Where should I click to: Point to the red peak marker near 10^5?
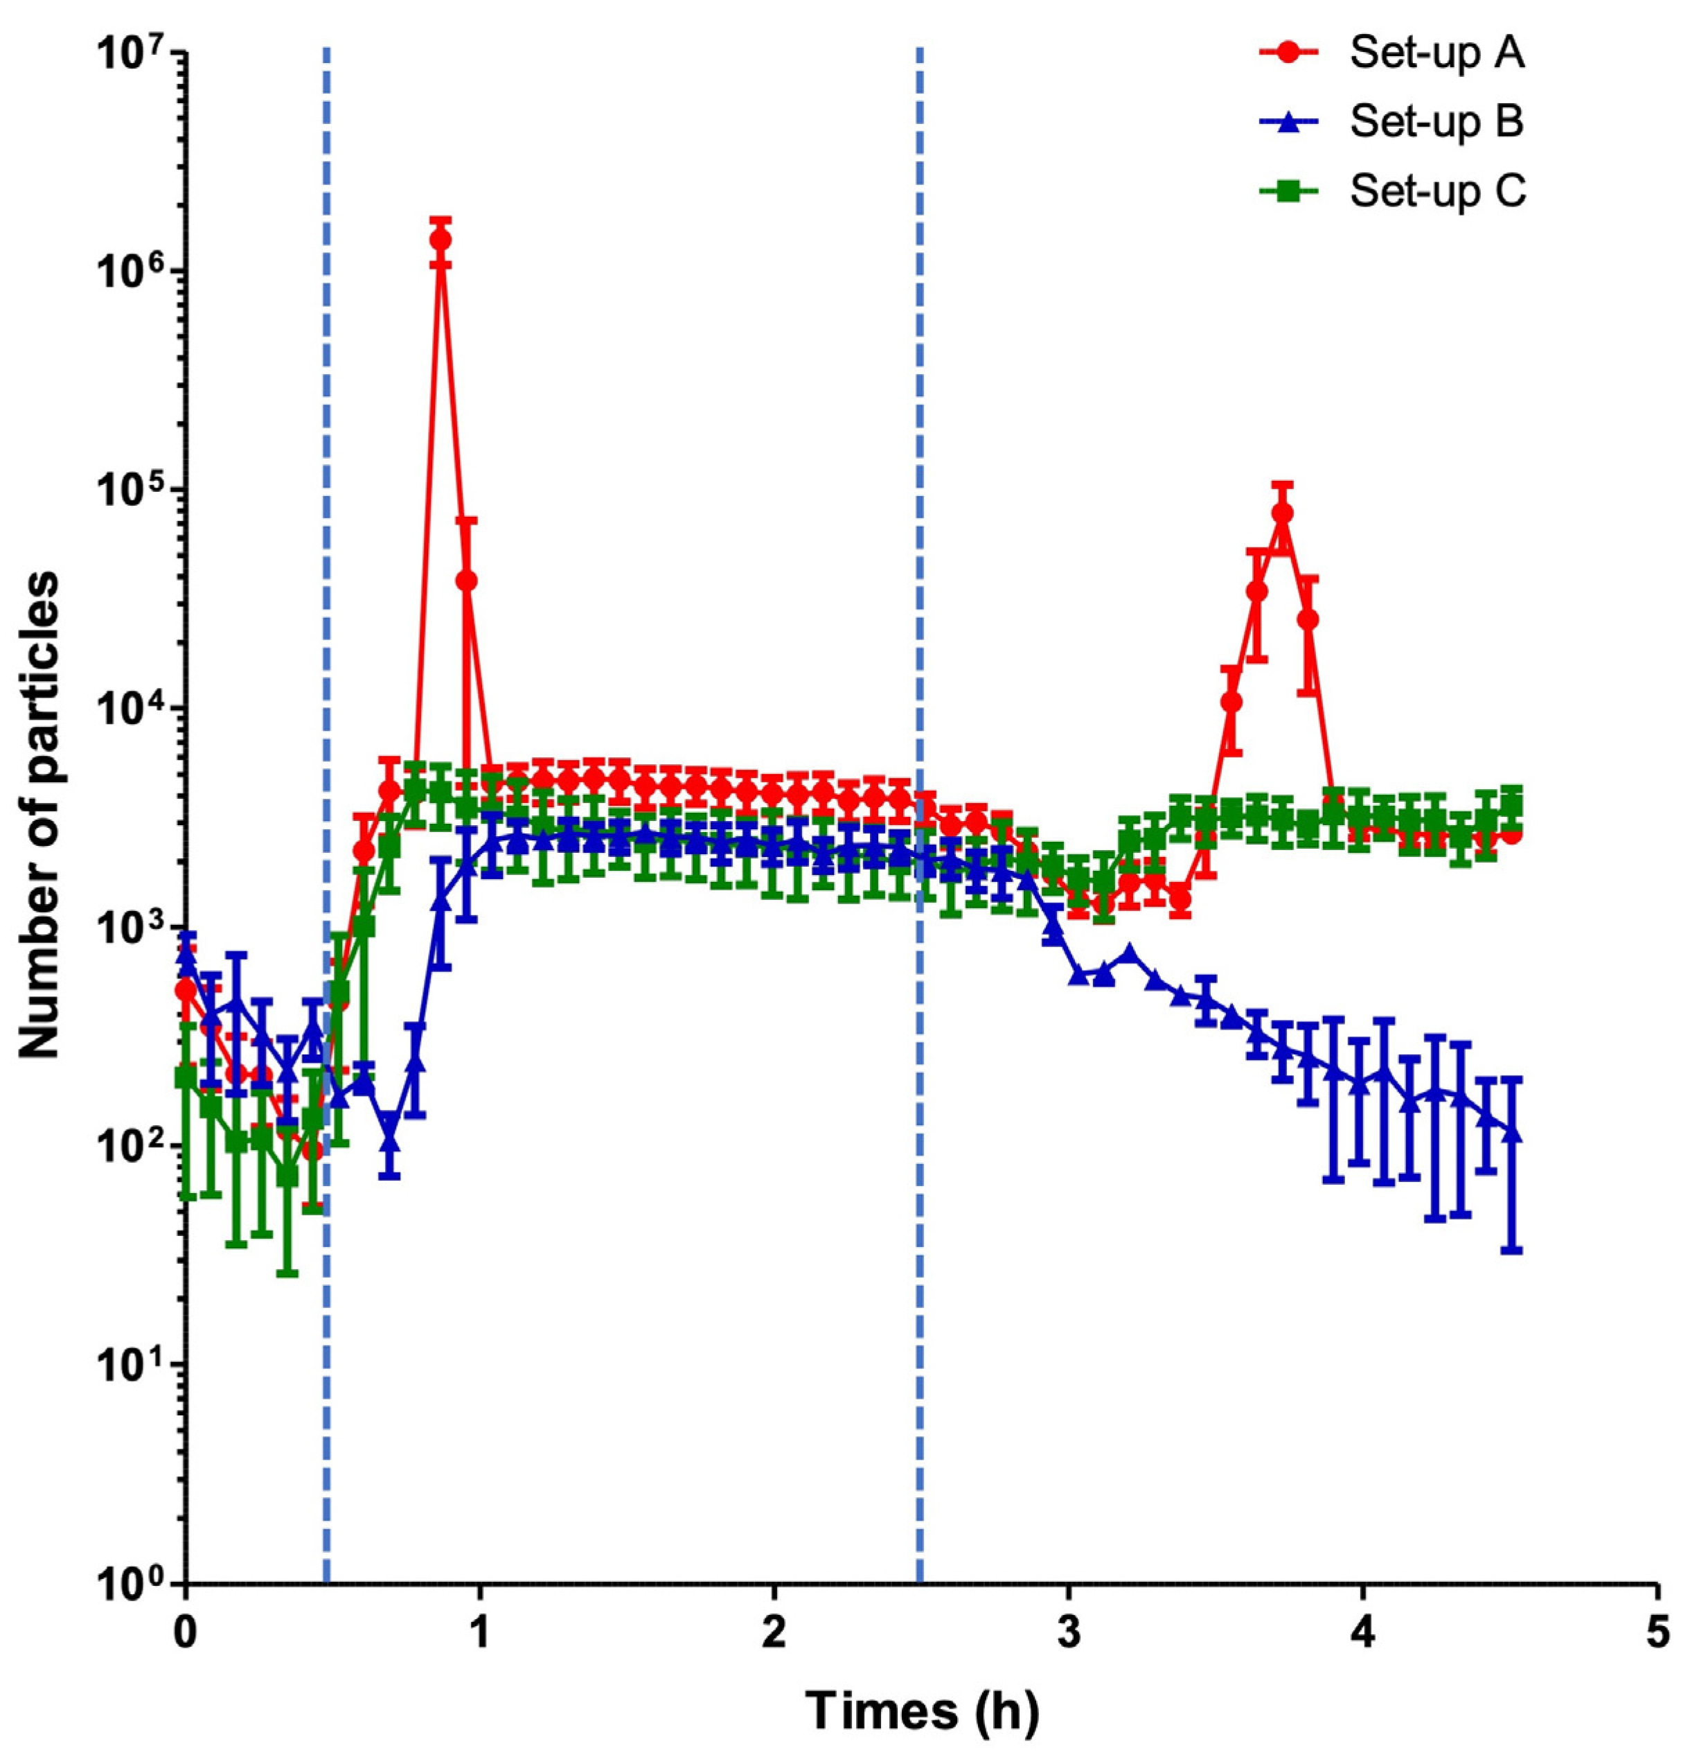pyautogui.click(x=1282, y=513)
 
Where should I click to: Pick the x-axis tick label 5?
pyautogui.click(x=1657, y=1632)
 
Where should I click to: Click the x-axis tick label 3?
pyautogui.click(x=1068, y=1632)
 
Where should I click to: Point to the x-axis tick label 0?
pyautogui.click(x=186, y=1632)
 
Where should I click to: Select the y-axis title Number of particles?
pyautogui.click(x=40, y=815)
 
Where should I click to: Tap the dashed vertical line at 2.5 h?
pyautogui.click(x=919, y=1255)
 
